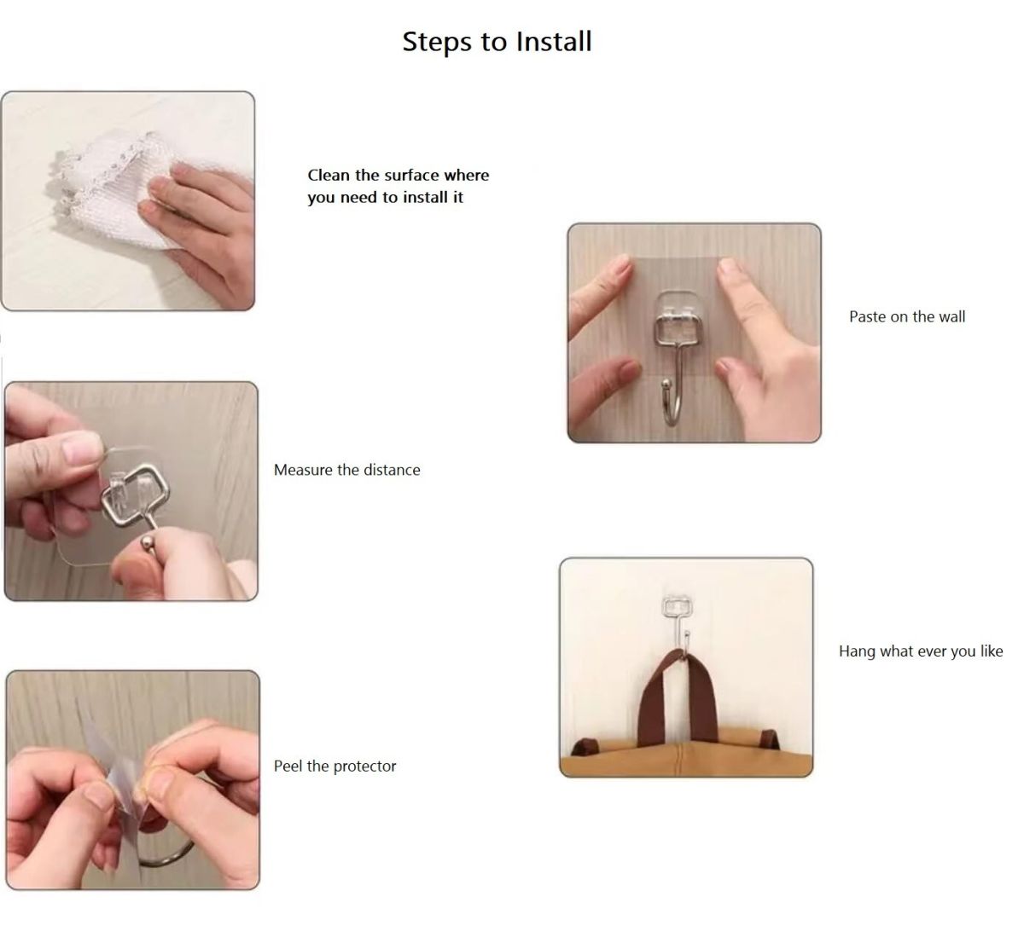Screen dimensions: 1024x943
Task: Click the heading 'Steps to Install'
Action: [497, 42]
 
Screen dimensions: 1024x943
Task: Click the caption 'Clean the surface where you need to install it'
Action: [399, 186]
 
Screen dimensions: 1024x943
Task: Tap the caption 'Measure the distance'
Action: [347, 470]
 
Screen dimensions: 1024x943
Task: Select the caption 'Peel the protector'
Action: [335, 766]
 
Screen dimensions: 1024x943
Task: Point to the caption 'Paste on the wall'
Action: [907, 316]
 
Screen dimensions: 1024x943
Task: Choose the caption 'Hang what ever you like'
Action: [921, 651]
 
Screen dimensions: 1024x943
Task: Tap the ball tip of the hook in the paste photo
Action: [666, 383]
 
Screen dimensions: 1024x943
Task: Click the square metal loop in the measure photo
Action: [134, 494]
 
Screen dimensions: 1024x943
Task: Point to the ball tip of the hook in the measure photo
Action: [148, 543]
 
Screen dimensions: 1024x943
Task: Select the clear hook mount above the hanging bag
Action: [677, 606]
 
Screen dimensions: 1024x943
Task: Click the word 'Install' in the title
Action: [554, 42]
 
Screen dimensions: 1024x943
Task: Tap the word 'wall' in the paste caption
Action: [951, 316]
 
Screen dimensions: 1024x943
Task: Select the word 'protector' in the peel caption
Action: [365, 767]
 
